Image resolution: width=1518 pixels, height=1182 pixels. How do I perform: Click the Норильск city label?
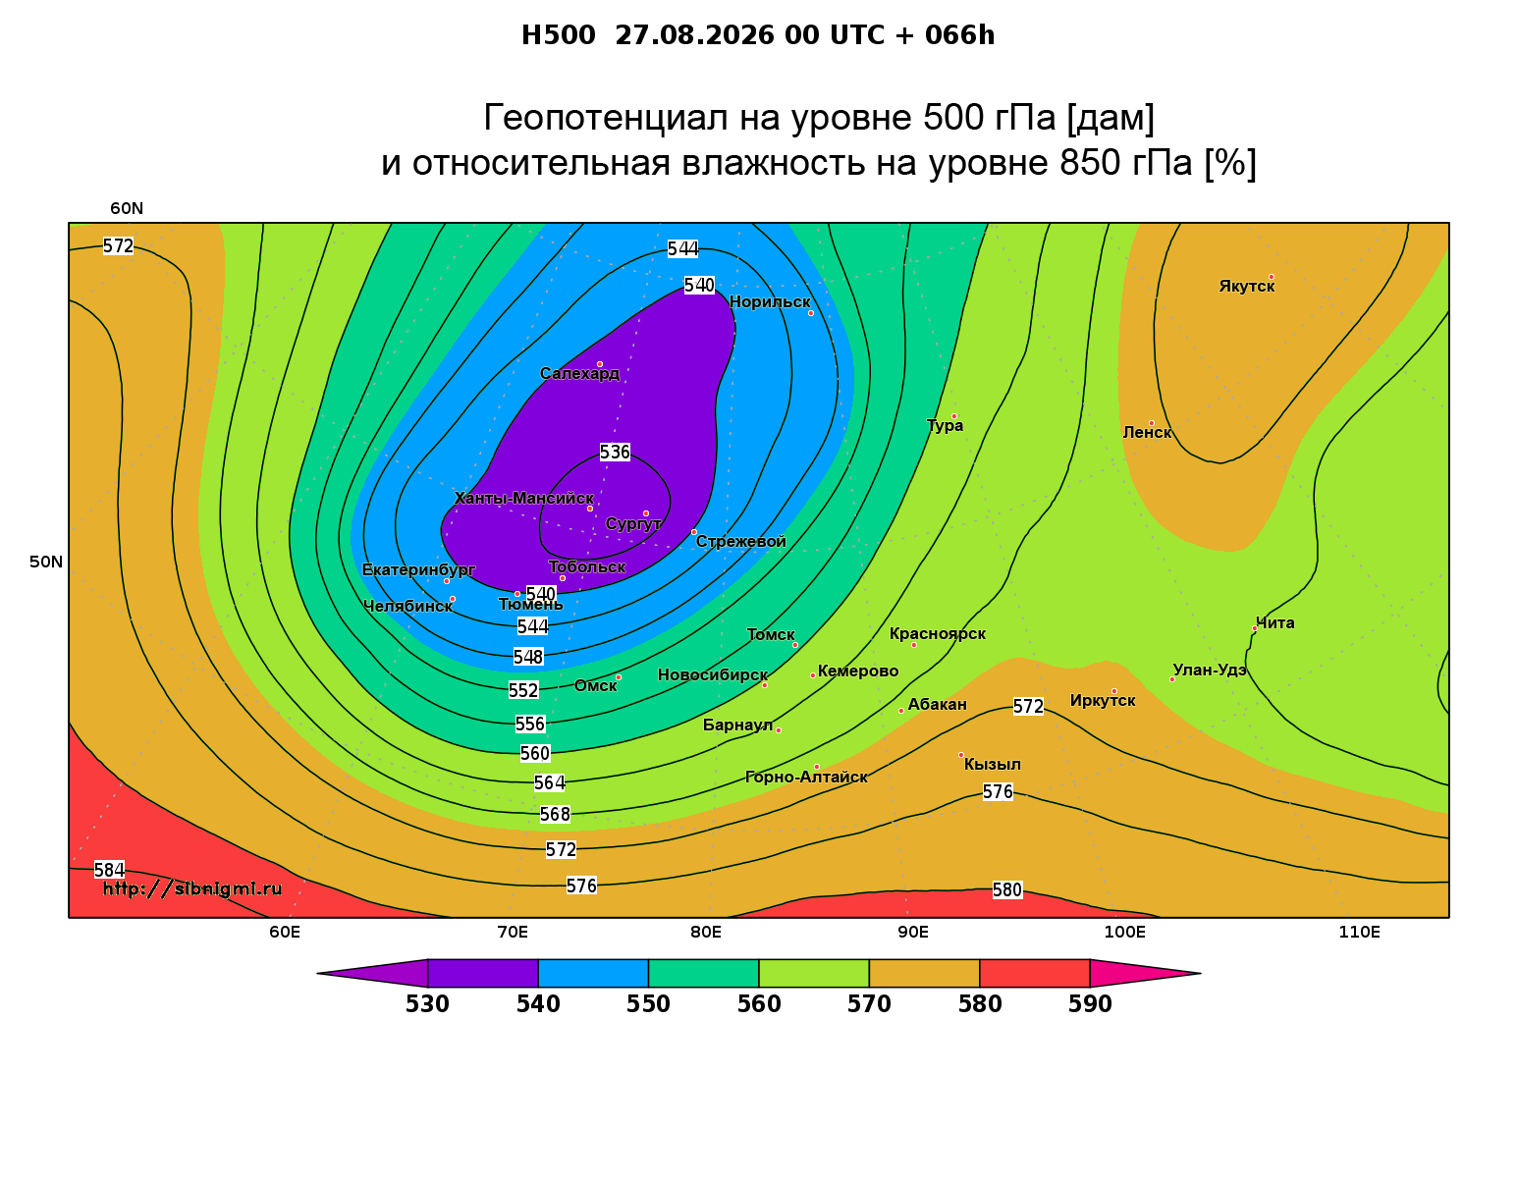769,301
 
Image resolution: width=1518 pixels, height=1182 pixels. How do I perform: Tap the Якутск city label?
1246,286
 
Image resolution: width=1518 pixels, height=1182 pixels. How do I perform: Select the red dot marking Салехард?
599,364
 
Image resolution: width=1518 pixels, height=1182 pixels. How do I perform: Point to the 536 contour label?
615,452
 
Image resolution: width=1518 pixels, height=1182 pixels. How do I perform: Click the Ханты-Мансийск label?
524,498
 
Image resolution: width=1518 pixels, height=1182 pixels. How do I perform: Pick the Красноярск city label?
937,633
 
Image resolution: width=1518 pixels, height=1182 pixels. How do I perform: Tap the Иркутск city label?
1103,700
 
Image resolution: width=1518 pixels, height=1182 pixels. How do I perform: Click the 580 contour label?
1006,889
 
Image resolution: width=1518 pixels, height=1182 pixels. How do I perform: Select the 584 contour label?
110,870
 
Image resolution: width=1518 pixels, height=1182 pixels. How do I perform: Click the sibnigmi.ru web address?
192,888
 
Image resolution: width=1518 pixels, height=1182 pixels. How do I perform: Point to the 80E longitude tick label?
706,932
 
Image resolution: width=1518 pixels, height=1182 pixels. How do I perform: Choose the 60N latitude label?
127,208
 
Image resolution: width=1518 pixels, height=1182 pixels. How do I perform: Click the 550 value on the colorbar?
648,1004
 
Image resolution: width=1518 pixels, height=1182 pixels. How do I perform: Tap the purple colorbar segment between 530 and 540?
483,973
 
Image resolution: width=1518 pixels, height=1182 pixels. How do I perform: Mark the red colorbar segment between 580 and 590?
1034,973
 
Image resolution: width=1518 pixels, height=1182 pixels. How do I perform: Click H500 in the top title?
558,35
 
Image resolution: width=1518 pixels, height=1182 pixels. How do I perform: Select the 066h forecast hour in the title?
959,35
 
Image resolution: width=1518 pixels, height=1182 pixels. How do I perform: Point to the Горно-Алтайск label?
806,777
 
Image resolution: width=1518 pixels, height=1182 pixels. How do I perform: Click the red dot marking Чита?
1255,628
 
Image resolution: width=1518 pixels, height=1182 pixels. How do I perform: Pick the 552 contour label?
523,690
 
